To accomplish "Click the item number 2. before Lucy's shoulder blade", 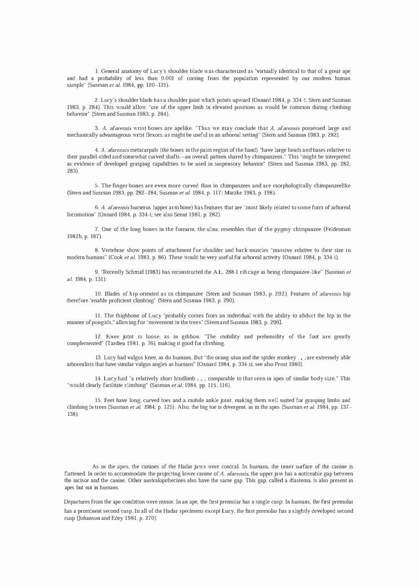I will tap(97, 100).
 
